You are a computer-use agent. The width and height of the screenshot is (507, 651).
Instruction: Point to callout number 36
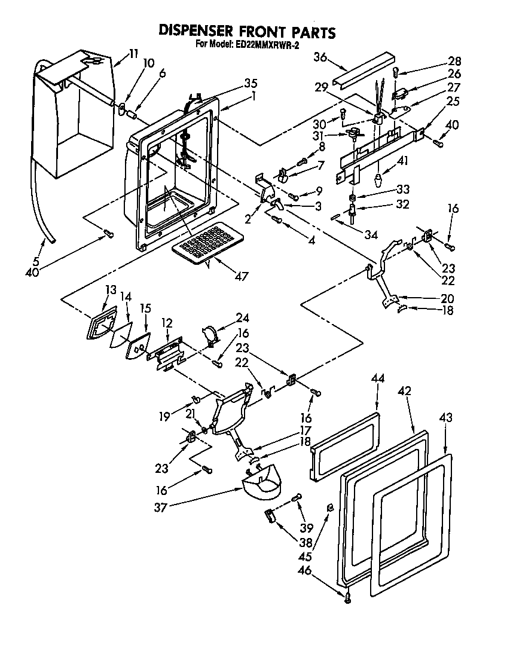[x=320, y=57]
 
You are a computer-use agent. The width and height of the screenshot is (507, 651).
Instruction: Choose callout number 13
[x=110, y=289]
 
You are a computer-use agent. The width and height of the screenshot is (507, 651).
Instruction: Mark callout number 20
[x=447, y=298]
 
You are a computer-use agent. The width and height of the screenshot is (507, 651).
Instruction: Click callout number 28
[x=454, y=60]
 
